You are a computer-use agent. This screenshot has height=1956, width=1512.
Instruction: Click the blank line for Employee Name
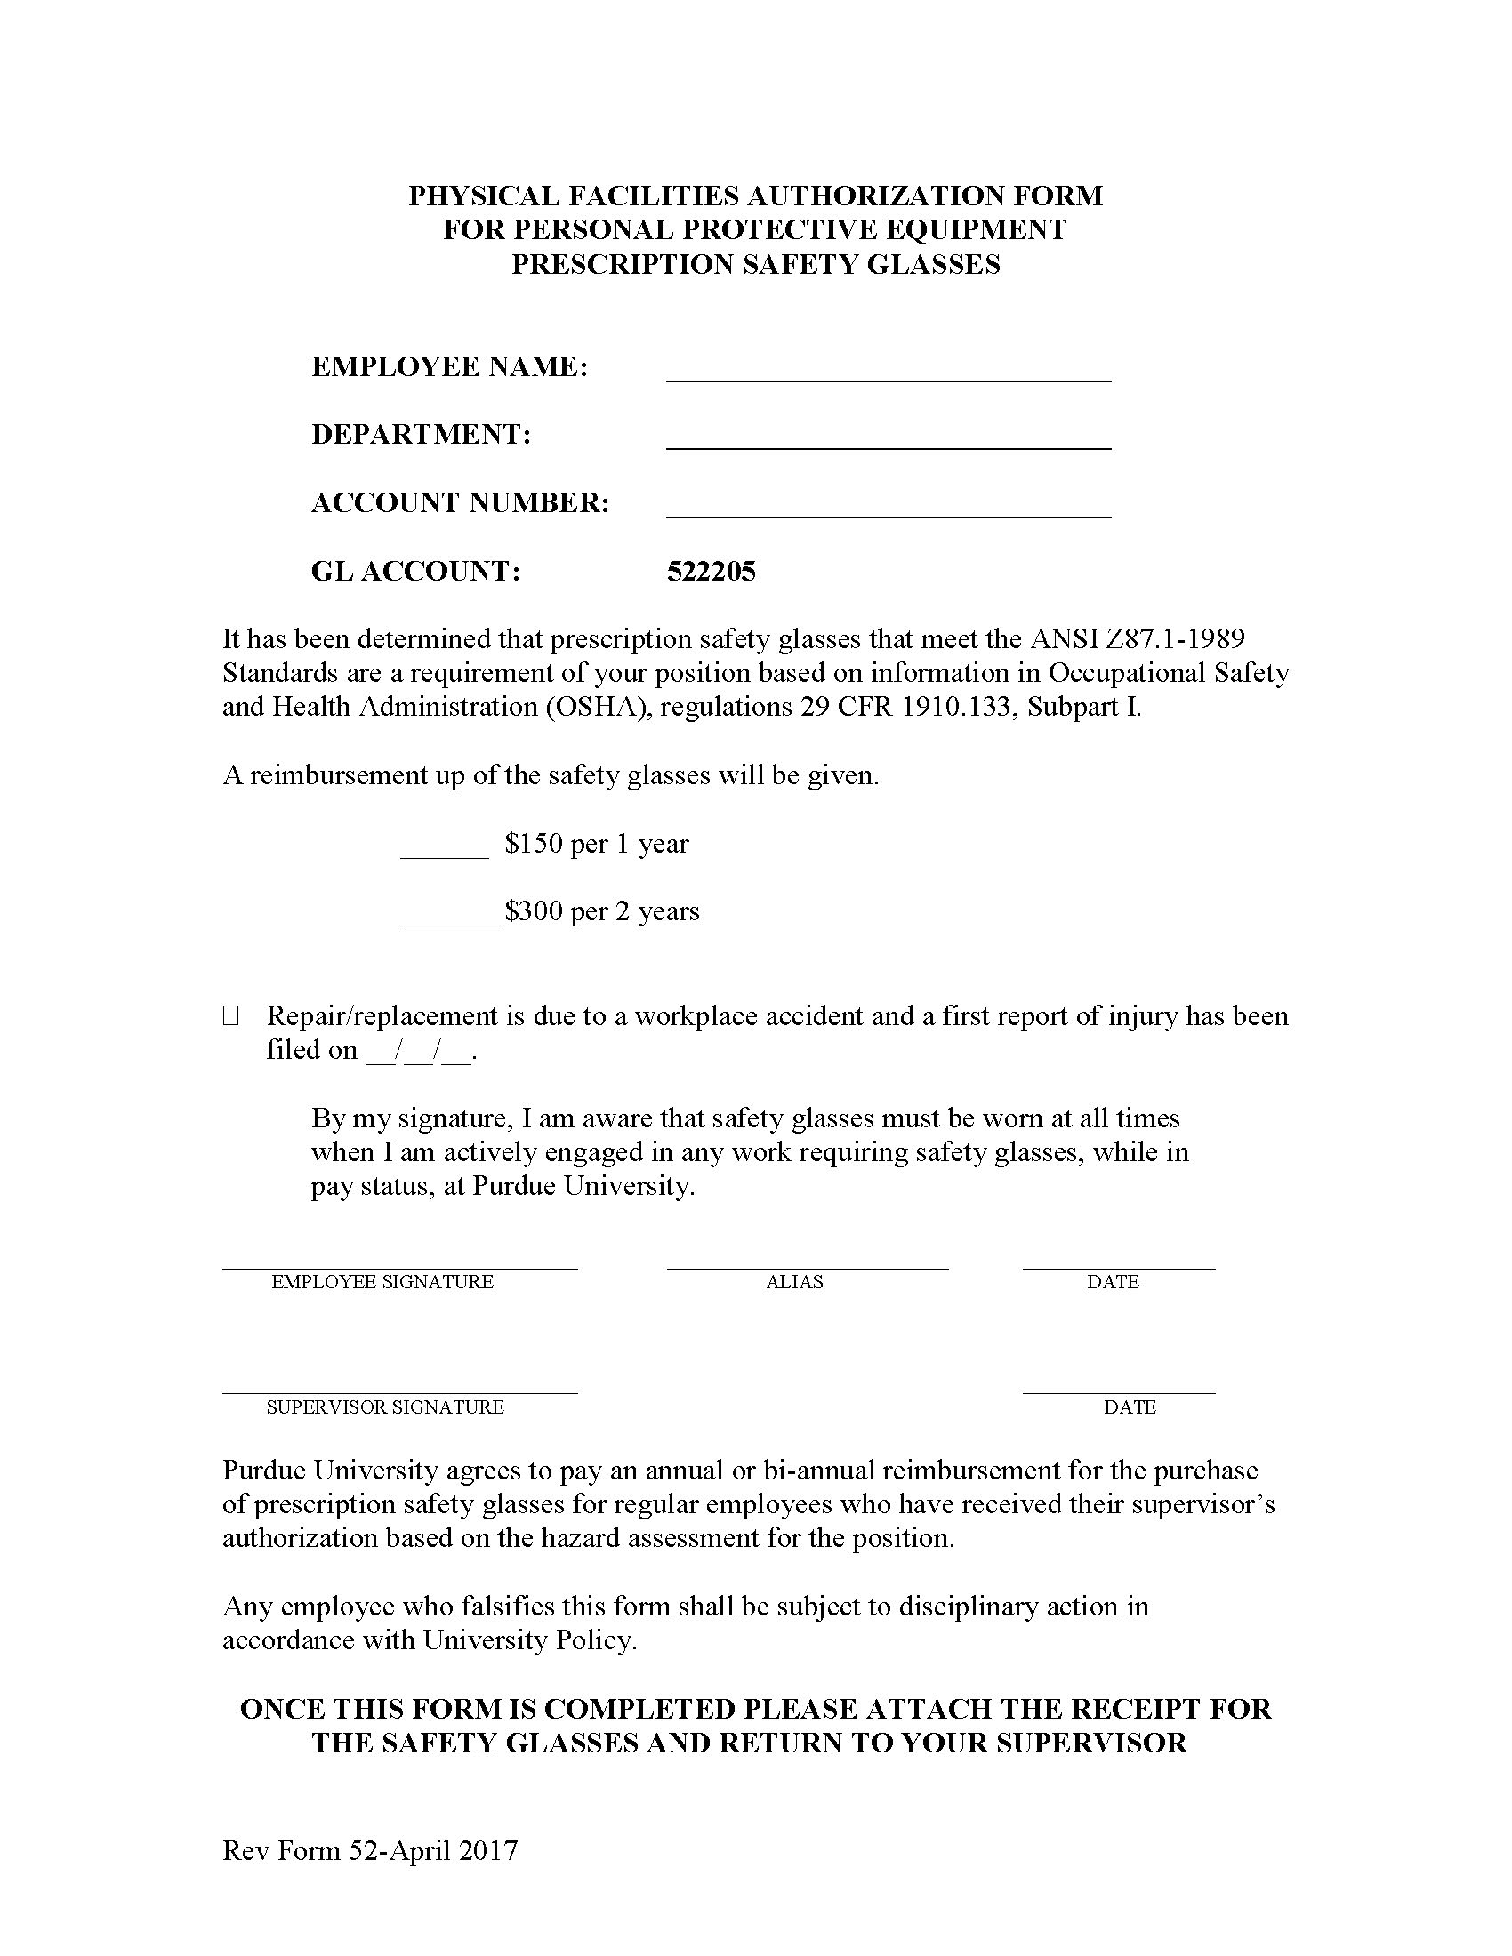tap(888, 374)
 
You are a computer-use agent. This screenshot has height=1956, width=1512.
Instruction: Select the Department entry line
tap(888, 442)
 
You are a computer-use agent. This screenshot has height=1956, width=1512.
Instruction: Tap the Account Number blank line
tap(888, 510)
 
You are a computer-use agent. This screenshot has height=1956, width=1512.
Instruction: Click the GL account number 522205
tap(712, 572)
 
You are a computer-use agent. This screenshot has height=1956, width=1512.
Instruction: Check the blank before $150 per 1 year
tap(445, 851)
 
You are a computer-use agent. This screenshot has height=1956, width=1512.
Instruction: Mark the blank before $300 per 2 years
tap(452, 919)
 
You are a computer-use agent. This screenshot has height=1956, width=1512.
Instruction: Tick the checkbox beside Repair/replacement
tap(231, 1015)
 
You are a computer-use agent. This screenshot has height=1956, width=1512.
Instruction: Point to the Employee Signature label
tap(382, 1281)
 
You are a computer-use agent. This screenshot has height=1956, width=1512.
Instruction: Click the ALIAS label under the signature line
tap(794, 1281)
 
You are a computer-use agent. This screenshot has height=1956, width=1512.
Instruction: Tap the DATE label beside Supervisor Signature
tap(1130, 1407)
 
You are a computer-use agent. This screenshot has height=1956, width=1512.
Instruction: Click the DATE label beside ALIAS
tap(1113, 1281)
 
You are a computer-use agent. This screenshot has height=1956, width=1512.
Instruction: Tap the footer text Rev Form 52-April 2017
tap(370, 1850)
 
